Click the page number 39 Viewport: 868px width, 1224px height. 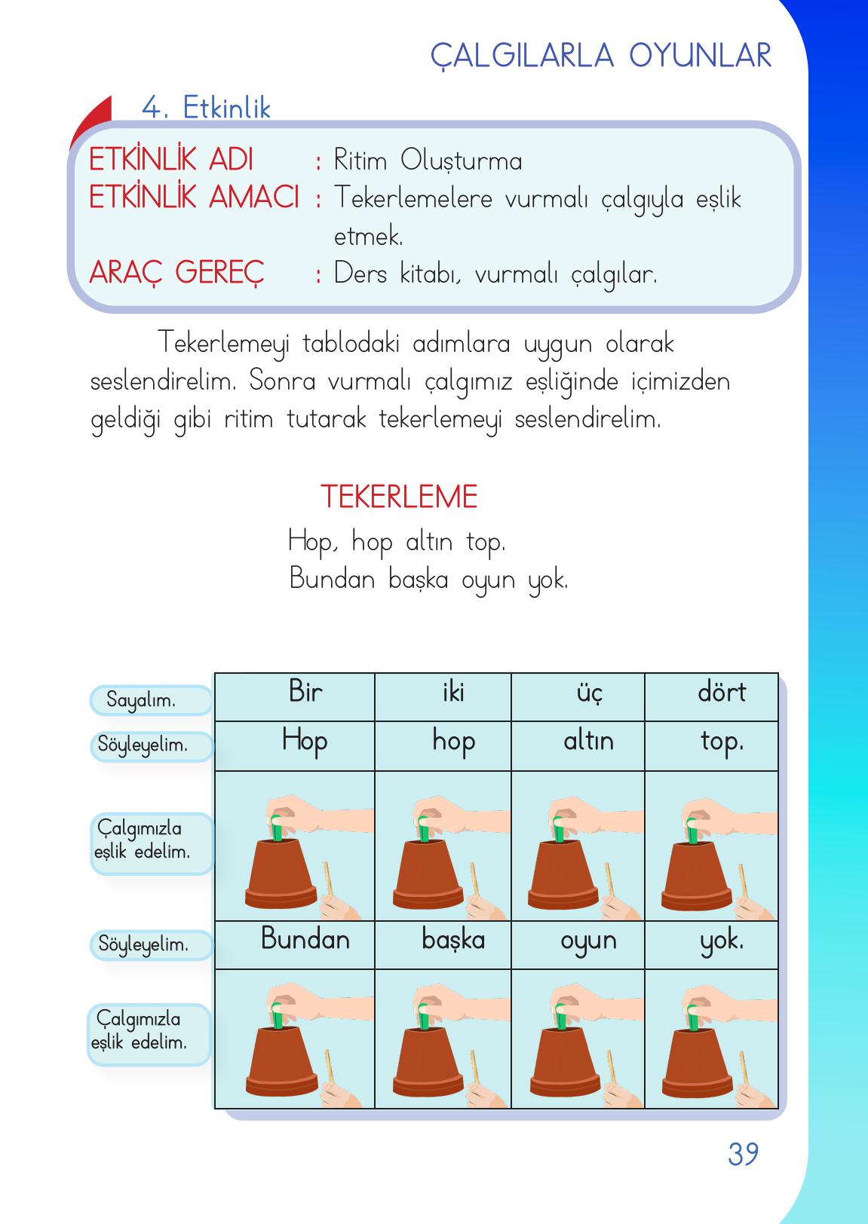point(743,1154)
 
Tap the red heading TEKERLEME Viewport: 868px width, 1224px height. point(399,497)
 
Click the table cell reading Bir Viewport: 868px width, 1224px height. point(305,692)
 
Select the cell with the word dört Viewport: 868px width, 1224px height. point(721,693)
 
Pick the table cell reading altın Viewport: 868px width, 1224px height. point(588,742)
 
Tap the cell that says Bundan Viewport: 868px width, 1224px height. point(305,940)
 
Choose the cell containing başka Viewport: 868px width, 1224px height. point(452,941)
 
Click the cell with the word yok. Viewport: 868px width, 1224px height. point(721,941)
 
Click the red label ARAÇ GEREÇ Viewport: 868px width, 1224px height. point(177,273)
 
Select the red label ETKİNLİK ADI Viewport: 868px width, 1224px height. point(171,161)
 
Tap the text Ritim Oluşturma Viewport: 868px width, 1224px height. point(428,161)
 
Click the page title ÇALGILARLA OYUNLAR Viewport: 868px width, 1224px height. point(601,56)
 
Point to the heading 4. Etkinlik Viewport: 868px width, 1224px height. point(206,109)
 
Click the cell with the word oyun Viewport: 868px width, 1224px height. point(588,941)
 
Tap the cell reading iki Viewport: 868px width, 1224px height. point(452,693)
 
